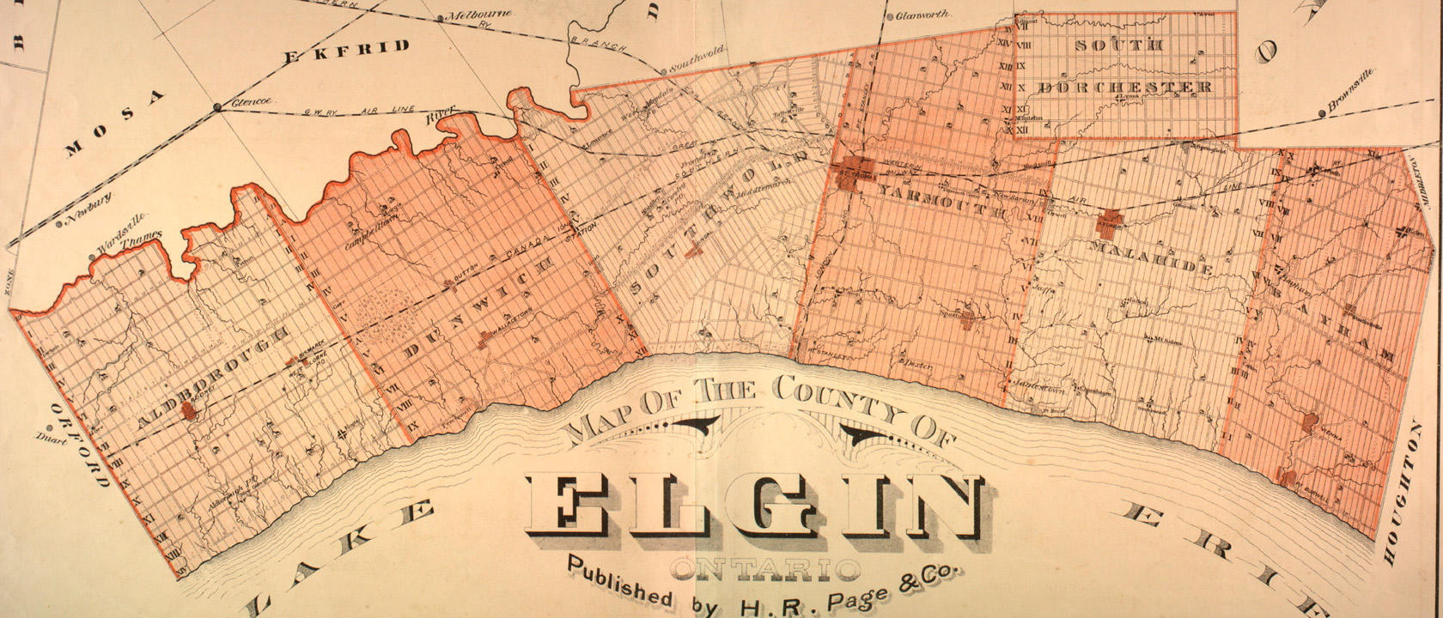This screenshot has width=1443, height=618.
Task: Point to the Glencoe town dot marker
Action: tap(217, 107)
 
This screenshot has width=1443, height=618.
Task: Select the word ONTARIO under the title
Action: tap(766, 567)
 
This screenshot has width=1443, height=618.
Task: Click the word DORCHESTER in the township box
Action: tap(1124, 88)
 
